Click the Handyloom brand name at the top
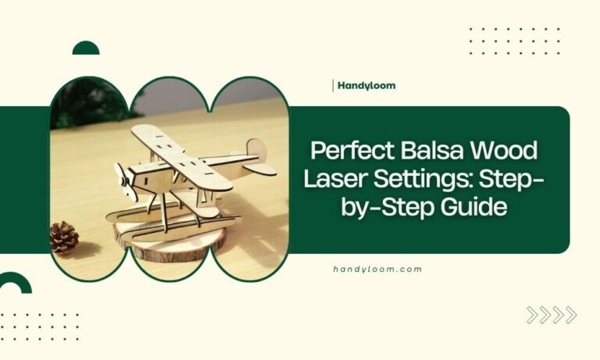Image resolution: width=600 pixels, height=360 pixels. coord(366,85)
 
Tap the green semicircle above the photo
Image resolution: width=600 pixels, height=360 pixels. coord(86,48)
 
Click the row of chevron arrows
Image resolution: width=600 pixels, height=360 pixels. coord(552,315)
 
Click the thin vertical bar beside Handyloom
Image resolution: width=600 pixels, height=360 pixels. coord(334,85)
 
